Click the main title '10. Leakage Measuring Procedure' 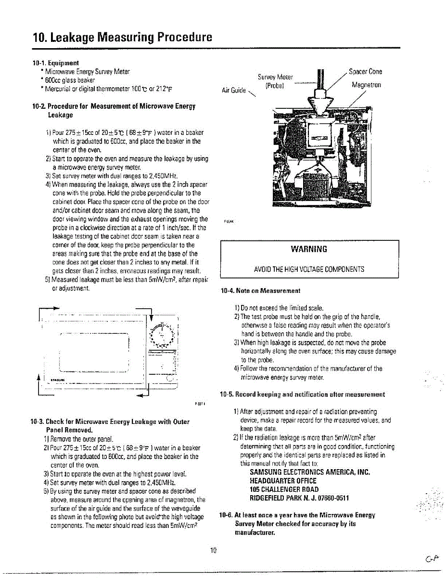click(122, 37)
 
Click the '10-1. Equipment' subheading click(55, 63)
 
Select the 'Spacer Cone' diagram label click(366, 72)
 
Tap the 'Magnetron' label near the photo click(366, 85)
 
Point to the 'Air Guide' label click(234, 90)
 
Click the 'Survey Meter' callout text click(275, 77)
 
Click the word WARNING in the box click(309, 249)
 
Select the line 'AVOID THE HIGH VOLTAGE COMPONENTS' click(309, 269)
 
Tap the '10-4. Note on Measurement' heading click(260, 291)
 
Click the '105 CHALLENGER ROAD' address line click(284, 489)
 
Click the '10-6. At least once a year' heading click(297, 515)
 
